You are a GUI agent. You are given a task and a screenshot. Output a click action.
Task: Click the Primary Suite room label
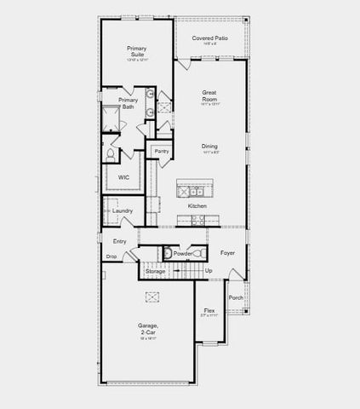[x=136, y=52]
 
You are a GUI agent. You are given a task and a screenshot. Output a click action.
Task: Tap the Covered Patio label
[x=209, y=38]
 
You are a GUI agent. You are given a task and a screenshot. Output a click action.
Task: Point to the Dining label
[x=209, y=146]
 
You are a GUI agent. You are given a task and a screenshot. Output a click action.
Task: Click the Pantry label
[x=161, y=151]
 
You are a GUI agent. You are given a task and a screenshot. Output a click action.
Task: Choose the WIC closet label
[x=123, y=178]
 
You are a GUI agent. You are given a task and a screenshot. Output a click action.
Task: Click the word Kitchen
[x=197, y=206]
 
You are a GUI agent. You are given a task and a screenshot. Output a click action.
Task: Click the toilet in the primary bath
[x=111, y=155]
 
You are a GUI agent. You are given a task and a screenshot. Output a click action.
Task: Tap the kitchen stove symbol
[x=196, y=220]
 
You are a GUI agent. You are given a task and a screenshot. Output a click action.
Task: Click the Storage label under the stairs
[x=156, y=271]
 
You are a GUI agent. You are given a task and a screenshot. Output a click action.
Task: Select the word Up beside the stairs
[x=209, y=270]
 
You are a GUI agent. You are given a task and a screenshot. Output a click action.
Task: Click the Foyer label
[x=227, y=252]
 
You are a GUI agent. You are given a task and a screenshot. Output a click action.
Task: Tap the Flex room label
[x=209, y=310]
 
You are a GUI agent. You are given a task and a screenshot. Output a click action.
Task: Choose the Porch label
[x=236, y=297]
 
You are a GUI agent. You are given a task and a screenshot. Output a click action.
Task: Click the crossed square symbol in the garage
[x=153, y=296]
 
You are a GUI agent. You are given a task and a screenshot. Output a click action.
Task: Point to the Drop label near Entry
[x=111, y=256]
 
